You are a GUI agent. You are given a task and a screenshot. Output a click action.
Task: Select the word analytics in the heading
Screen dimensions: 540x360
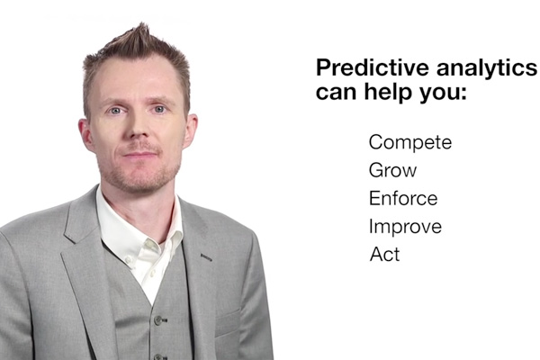click(487, 68)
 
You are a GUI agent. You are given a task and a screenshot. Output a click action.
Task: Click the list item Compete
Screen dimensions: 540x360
click(410, 142)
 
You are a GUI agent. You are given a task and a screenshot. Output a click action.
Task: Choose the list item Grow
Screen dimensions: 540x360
click(392, 170)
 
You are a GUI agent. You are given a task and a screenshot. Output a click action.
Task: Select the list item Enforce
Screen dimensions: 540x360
click(403, 198)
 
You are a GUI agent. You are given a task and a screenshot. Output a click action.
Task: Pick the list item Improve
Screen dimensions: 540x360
click(405, 227)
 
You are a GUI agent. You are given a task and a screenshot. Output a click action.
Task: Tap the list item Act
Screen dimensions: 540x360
click(384, 255)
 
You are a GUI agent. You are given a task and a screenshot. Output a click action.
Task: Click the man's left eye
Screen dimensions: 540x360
click(159, 109)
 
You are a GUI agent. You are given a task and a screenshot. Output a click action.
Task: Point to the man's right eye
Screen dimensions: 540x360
click(116, 111)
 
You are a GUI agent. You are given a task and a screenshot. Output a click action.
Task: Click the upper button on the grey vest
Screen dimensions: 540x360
click(158, 320)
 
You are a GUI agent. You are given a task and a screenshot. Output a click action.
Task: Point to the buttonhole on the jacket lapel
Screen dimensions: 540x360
click(206, 257)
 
